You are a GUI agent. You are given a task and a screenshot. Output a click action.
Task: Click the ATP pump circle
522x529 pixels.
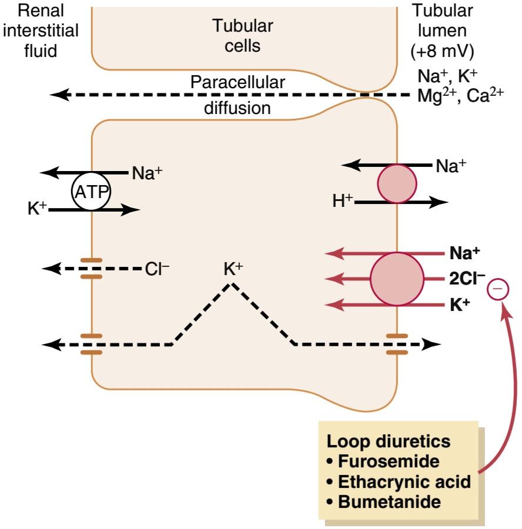tap(91, 191)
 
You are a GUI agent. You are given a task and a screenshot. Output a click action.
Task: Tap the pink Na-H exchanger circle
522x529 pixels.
tap(397, 184)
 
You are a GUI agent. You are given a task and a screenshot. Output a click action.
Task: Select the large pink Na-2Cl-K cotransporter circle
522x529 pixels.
tap(397, 279)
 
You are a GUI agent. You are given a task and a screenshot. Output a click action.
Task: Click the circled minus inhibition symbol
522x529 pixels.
tap(498, 289)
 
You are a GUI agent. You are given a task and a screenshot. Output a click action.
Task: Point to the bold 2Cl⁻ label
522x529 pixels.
tap(467, 279)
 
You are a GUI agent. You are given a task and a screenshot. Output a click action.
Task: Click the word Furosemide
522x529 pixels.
tap(389, 461)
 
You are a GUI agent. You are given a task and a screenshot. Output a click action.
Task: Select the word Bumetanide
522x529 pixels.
tap(389, 502)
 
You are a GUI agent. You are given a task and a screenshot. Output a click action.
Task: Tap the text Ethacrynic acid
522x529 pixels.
tap(404, 482)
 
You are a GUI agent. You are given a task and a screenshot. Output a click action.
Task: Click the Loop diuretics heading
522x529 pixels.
tap(389, 441)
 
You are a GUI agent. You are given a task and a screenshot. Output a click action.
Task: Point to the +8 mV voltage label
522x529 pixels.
tap(442, 51)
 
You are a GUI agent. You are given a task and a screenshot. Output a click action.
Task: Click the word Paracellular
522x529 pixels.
tap(237, 82)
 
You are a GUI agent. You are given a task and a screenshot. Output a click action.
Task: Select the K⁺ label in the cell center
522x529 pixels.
tap(233, 269)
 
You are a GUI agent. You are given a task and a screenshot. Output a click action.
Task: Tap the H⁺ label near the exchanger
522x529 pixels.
tap(343, 201)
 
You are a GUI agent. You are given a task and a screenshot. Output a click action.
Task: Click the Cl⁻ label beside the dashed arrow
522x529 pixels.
tap(157, 269)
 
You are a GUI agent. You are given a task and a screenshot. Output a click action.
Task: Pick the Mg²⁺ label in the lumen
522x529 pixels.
tap(437, 96)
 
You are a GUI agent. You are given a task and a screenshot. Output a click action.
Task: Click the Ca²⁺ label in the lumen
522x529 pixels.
tap(485, 96)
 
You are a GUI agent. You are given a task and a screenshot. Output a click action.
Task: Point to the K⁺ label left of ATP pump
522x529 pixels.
tap(37, 208)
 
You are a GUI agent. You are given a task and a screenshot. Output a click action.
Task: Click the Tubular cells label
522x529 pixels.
tap(243, 35)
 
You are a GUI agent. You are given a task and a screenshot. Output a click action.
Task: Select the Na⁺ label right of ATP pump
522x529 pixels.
tap(147, 173)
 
